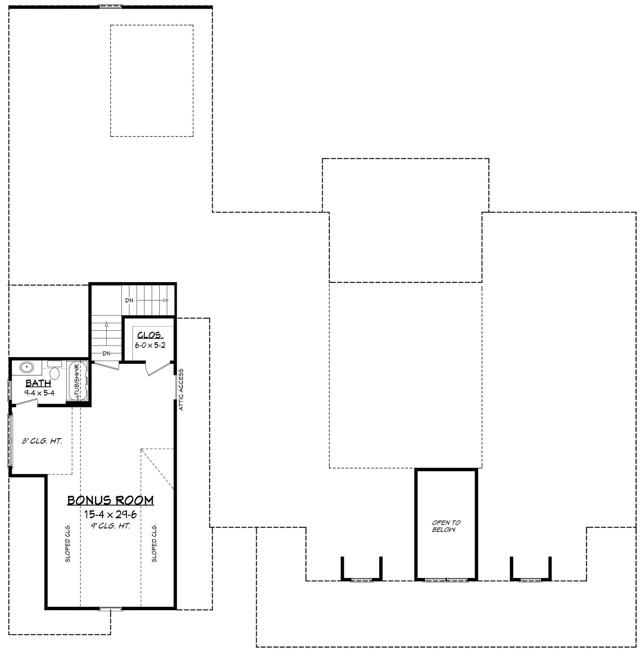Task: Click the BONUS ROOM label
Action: pos(111,500)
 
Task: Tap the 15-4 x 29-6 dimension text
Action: pos(111,514)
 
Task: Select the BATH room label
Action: pos(38,383)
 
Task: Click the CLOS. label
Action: pos(150,335)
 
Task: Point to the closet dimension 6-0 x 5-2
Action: pos(150,345)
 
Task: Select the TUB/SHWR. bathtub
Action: pos(78,380)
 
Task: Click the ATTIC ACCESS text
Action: pos(181,390)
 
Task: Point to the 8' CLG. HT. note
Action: pos(42,441)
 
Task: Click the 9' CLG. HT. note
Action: pos(111,526)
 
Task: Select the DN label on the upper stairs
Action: pos(129,300)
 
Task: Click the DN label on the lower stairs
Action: pos(106,353)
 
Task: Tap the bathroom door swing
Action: pos(25,402)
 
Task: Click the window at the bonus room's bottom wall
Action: pos(111,609)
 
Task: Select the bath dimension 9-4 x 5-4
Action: pos(39,393)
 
